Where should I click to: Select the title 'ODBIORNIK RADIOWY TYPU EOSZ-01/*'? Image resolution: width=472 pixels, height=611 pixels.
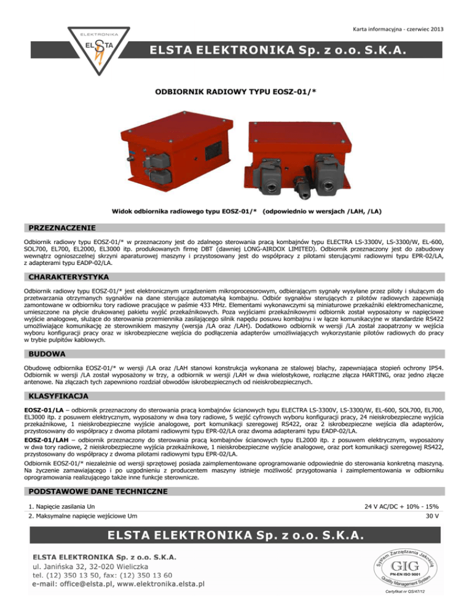coord(236,91)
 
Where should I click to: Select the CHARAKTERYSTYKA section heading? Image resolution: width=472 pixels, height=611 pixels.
coord(58,277)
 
